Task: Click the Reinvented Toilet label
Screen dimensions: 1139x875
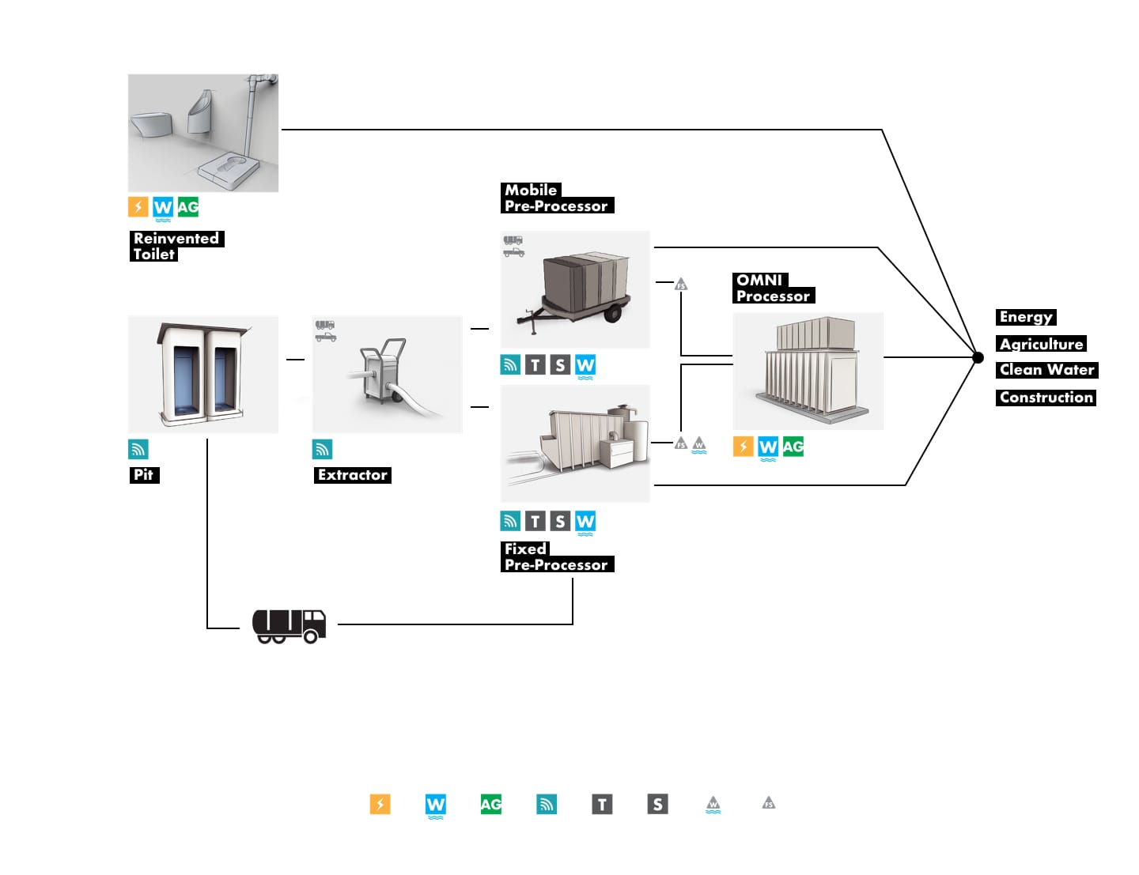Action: [x=176, y=246]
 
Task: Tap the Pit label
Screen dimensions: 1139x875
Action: [x=144, y=475]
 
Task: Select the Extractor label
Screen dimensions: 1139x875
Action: [x=352, y=475]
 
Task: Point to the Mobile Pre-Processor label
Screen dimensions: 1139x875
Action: [x=557, y=198]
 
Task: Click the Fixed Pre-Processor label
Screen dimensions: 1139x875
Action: [x=557, y=556]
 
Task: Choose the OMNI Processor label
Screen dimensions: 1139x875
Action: [x=773, y=288]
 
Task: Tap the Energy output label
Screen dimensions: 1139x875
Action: [x=1026, y=317]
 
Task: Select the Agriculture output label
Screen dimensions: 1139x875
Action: [x=1041, y=344]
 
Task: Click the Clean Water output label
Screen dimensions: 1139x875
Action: [x=1046, y=370]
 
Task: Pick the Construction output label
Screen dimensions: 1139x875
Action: [x=1046, y=398]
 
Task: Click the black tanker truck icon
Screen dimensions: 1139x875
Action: [x=289, y=626]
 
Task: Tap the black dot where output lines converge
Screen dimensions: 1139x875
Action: [x=978, y=357]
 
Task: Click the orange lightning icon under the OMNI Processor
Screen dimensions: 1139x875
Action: [x=743, y=447]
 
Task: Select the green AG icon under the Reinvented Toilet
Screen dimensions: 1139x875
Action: [x=188, y=207]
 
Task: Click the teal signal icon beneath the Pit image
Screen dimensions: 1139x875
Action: [x=138, y=449]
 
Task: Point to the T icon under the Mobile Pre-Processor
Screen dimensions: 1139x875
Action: [x=535, y=365]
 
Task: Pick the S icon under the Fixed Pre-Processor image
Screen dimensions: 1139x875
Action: [x=560, y=521]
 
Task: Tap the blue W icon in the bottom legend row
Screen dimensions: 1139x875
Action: [x=436, y=805]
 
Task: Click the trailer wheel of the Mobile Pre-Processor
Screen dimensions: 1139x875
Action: [x=612, y=314]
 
